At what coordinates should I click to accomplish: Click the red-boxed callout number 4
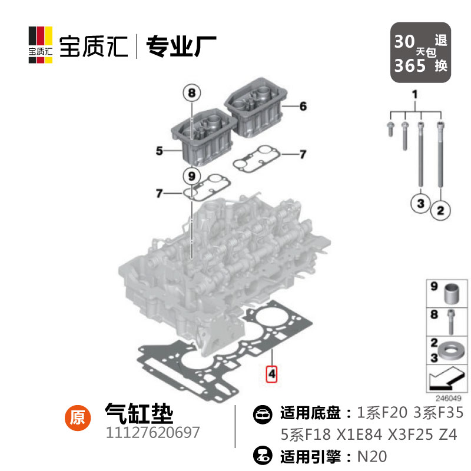(271, 374)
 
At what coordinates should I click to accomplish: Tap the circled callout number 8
(191, 92)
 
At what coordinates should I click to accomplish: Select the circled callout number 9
(190, 175)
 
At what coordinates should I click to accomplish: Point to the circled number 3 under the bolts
(420, 203)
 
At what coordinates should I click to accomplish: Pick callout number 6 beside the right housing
(303, 107)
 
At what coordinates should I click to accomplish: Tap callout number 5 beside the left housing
(159, 151)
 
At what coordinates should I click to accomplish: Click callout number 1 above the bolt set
(414, 94)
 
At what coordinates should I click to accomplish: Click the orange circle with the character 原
(77, 417)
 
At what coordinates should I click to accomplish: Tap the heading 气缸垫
(139, 413)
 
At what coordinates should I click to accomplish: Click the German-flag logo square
(41, 44)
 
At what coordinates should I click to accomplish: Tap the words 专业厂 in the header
(181, 45)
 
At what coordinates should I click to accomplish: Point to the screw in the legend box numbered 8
(450, 320)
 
